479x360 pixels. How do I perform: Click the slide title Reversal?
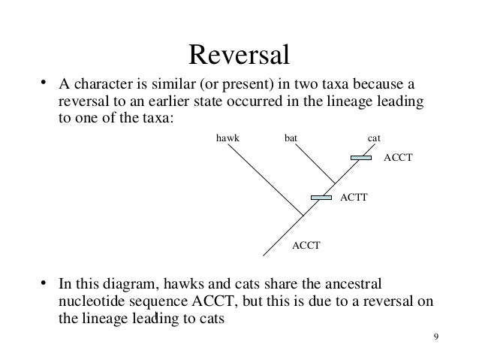pos(239,54)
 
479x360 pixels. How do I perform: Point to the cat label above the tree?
pos(375,138)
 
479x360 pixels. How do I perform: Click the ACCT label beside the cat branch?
pos(399,159)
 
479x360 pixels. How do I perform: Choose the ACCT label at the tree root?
pos(306,244)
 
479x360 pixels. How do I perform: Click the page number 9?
pos(436,336)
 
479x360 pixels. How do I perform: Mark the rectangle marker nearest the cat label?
pos(361,158)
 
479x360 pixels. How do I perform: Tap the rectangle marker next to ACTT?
pos(321,198)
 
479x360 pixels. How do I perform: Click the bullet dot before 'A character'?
pos(44,82)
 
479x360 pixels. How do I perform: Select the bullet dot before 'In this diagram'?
pos(44,284)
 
